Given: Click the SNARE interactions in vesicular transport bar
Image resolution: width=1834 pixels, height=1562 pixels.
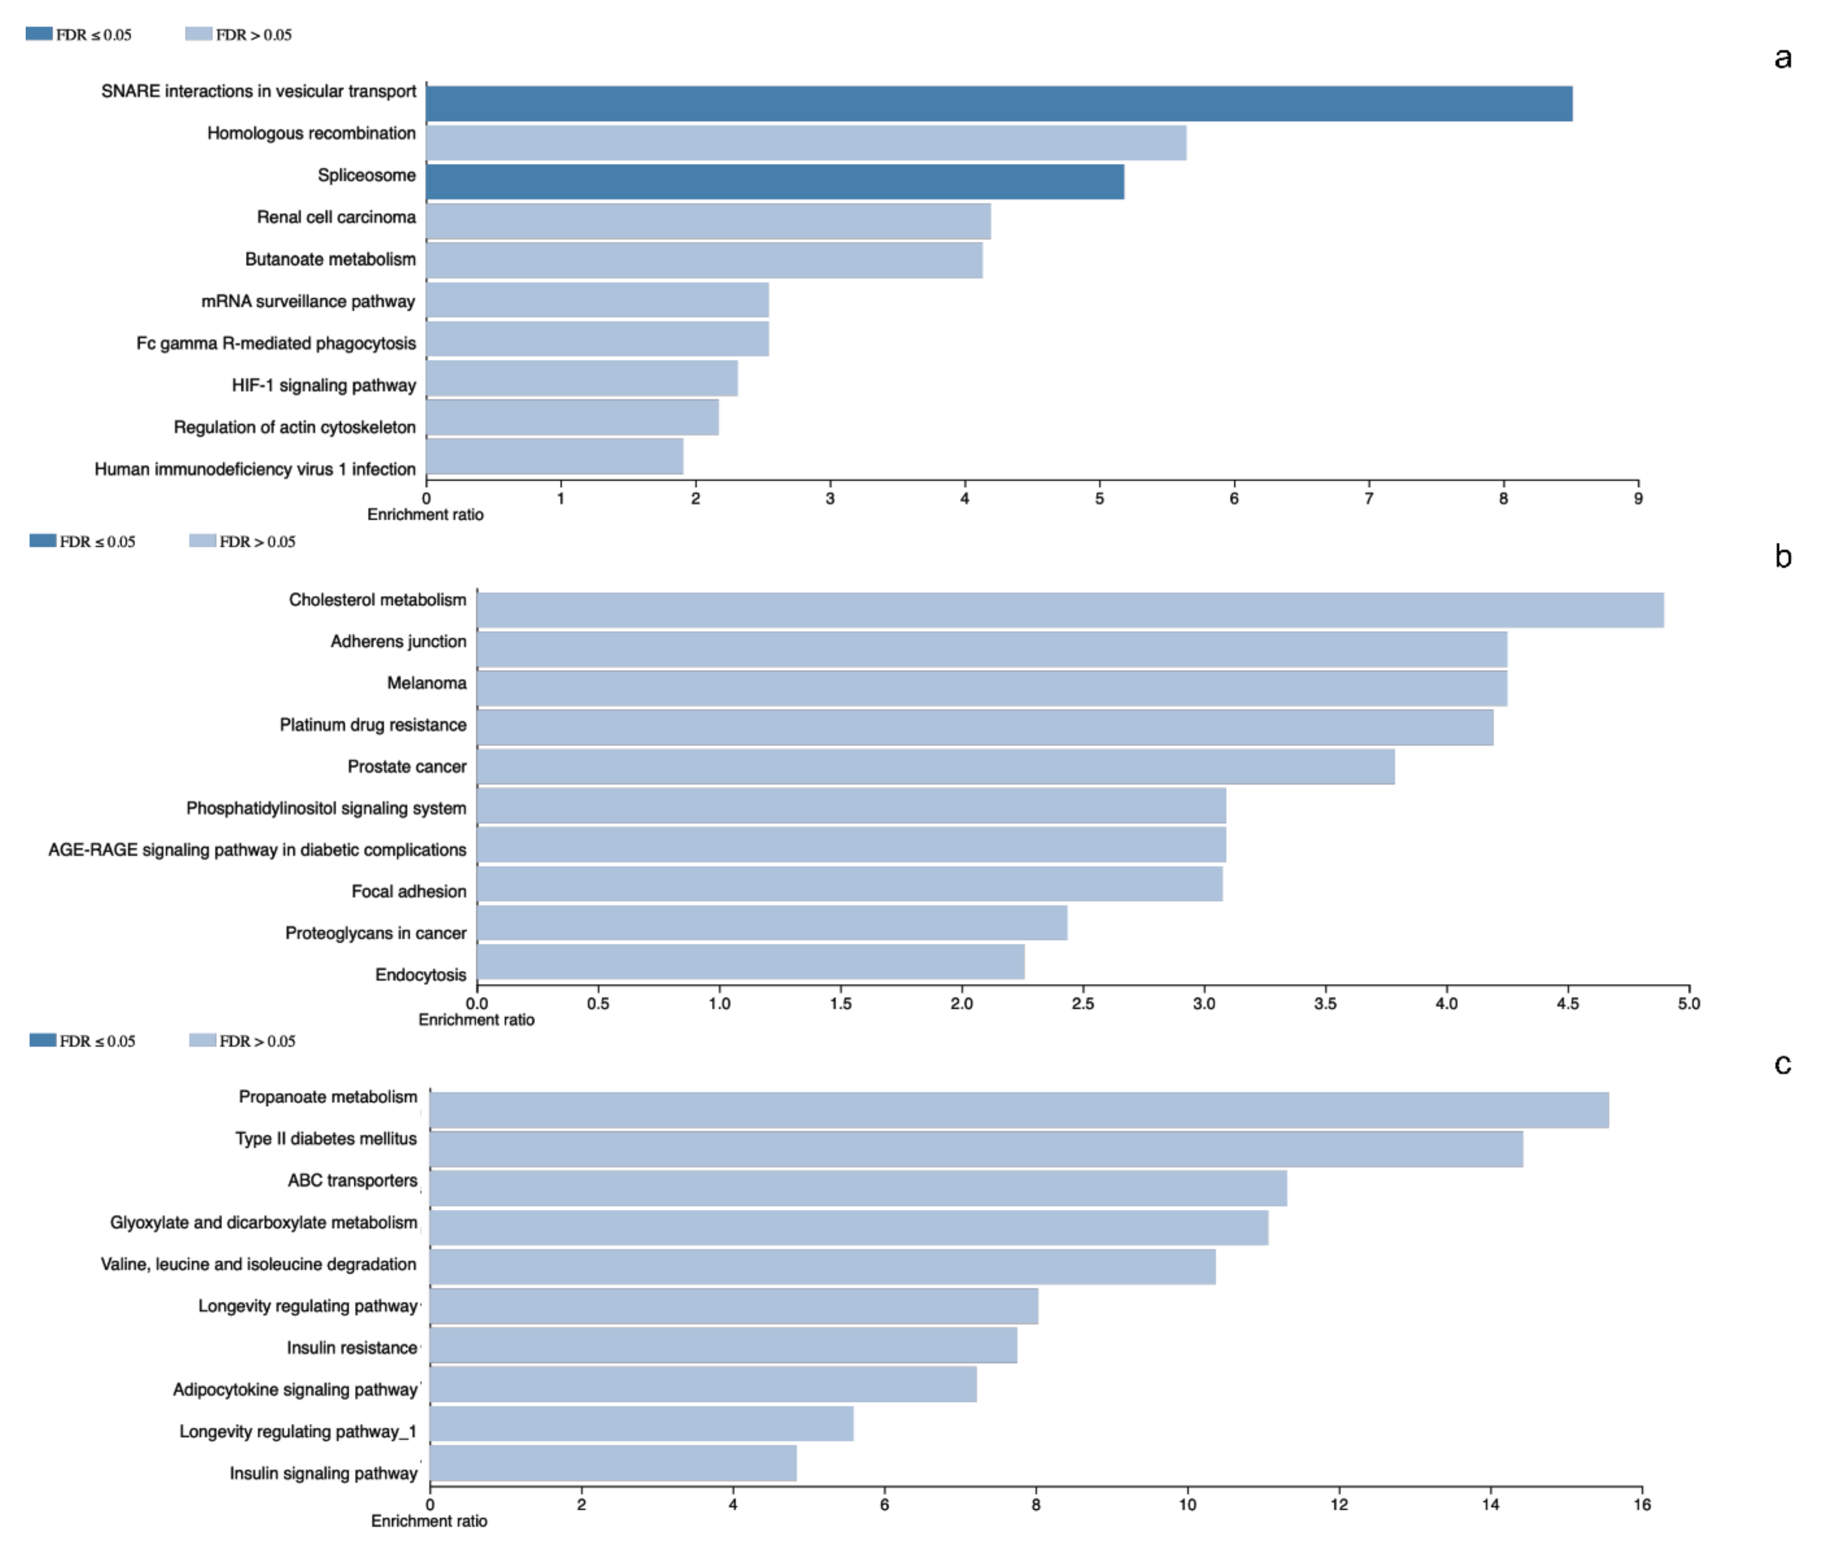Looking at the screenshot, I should click(x=998, y=103).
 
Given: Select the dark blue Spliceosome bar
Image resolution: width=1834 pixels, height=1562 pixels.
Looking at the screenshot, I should click(x=774, y=182).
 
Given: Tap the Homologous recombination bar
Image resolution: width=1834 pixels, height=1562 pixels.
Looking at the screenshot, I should click(x=805, y=142).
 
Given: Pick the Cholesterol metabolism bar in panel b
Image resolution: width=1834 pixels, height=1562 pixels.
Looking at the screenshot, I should click(x=1069, y=610).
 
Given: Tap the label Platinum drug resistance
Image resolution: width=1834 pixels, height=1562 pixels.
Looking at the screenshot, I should click(x=373, y=725).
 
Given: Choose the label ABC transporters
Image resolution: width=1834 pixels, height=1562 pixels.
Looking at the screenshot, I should click(x=352, y=1181).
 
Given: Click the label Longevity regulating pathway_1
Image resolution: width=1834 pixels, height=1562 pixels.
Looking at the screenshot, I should click(x=297, y=1431).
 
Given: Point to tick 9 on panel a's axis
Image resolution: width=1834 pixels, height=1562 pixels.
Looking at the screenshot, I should click(x=1638, y=498).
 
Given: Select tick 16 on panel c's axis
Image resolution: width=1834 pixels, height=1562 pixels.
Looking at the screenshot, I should click(x=1642, y=1504).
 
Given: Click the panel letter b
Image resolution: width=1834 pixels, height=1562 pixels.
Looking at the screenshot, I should click(x=1783, y=557).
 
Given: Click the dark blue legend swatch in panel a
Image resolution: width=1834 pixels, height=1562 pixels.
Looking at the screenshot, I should click(x=39, y=34).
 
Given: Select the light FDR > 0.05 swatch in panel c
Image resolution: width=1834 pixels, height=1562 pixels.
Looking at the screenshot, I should click(x=202, y=1040).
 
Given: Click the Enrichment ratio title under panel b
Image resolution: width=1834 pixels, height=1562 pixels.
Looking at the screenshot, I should click(x=476, y=1020).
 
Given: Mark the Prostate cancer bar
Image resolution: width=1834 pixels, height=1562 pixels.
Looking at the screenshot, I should click(x=936, y=766).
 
